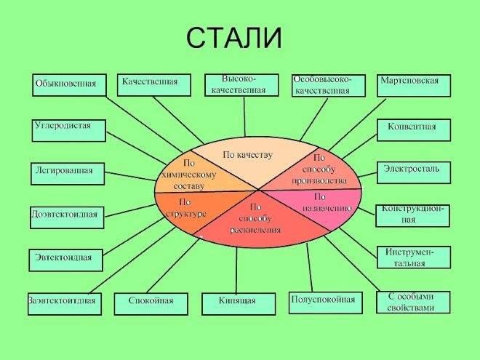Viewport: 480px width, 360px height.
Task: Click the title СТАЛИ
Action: click(234, 38)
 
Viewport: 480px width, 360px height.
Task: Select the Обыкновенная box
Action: click(69, 85)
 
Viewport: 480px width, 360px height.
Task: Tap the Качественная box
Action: click(154, 85)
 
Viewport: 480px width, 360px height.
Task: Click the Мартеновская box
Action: click(414, 85)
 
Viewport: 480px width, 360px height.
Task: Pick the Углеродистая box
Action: click(69, 131)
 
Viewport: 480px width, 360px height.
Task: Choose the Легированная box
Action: click(68, 174)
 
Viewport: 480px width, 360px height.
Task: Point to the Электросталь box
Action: click(414, 173)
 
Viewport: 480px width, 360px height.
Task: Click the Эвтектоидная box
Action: click(65, 260)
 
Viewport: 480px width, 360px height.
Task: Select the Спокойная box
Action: click(151, 304)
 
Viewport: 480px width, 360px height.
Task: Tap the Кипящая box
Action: click(239, 304)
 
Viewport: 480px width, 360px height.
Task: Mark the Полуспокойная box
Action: click(326, 303)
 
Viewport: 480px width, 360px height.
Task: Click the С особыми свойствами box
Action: click(413, 302)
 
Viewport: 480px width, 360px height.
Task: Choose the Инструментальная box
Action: click(414, 257)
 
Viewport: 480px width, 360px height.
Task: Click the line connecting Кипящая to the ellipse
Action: click(236, 271)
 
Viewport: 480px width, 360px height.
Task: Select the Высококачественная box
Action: click(242, 85)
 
